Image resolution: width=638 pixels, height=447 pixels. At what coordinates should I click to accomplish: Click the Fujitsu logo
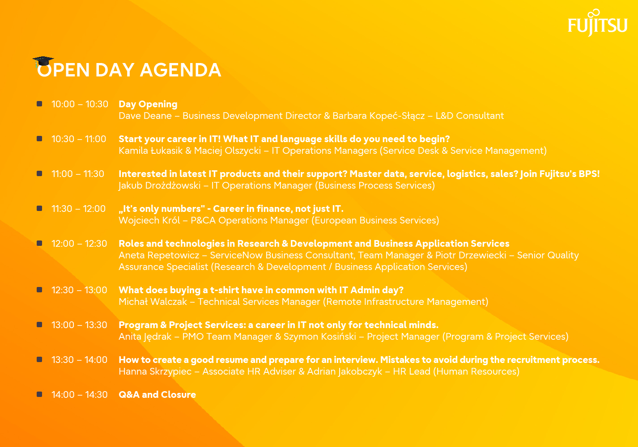(x=598, y=23)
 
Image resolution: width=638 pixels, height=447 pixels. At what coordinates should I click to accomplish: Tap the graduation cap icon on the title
(x=43, y=61)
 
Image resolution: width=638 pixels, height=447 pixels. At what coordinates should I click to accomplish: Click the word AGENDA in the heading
(x=180, y=70)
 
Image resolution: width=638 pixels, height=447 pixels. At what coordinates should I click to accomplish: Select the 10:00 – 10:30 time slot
(x=80, y=104)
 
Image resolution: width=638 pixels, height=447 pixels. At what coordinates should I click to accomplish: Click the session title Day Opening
(x=148, y=105)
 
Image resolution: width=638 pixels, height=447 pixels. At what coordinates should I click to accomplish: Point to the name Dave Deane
(x=145, y=116)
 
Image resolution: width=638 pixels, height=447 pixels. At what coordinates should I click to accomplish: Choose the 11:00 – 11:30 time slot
(x=78, y=174)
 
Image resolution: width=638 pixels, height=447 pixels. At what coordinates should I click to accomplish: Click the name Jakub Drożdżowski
(x=159, y=186)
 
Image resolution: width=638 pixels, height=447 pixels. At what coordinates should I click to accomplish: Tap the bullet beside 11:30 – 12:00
(x=39, y=209)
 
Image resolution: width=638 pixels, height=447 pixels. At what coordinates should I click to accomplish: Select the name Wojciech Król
(x=149, y=220)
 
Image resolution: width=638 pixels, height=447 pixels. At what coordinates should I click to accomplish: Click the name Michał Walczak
(x=153, y=302)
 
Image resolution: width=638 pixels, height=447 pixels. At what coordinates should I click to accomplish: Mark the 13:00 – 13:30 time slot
(x=79, y=325)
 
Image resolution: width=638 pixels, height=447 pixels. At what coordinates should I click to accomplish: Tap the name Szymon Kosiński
(x=320, y=337)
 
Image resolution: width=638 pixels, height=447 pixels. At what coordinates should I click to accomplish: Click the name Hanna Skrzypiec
(x=155, y=372)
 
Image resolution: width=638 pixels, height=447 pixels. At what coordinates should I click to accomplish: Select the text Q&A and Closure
(x=157, y=395)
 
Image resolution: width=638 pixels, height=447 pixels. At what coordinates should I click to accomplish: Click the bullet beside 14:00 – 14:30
(x=39, y=394)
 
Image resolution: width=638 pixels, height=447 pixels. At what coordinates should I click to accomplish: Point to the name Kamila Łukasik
(x=151, y=151)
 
